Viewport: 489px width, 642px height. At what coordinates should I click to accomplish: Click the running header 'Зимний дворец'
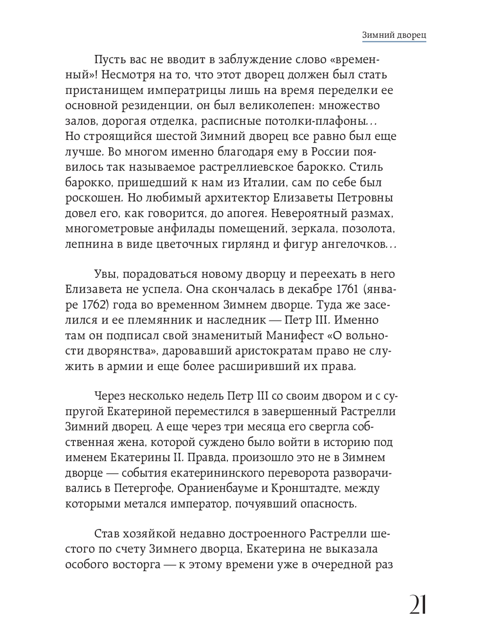[x=394, y=36]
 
